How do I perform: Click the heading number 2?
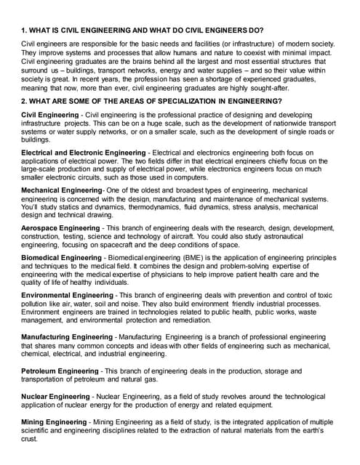tap(24, 100)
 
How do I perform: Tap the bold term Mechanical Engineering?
tap(63, 190)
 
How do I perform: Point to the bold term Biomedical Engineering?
tap(62, 258)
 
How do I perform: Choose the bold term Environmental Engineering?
tap(69, 296)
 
